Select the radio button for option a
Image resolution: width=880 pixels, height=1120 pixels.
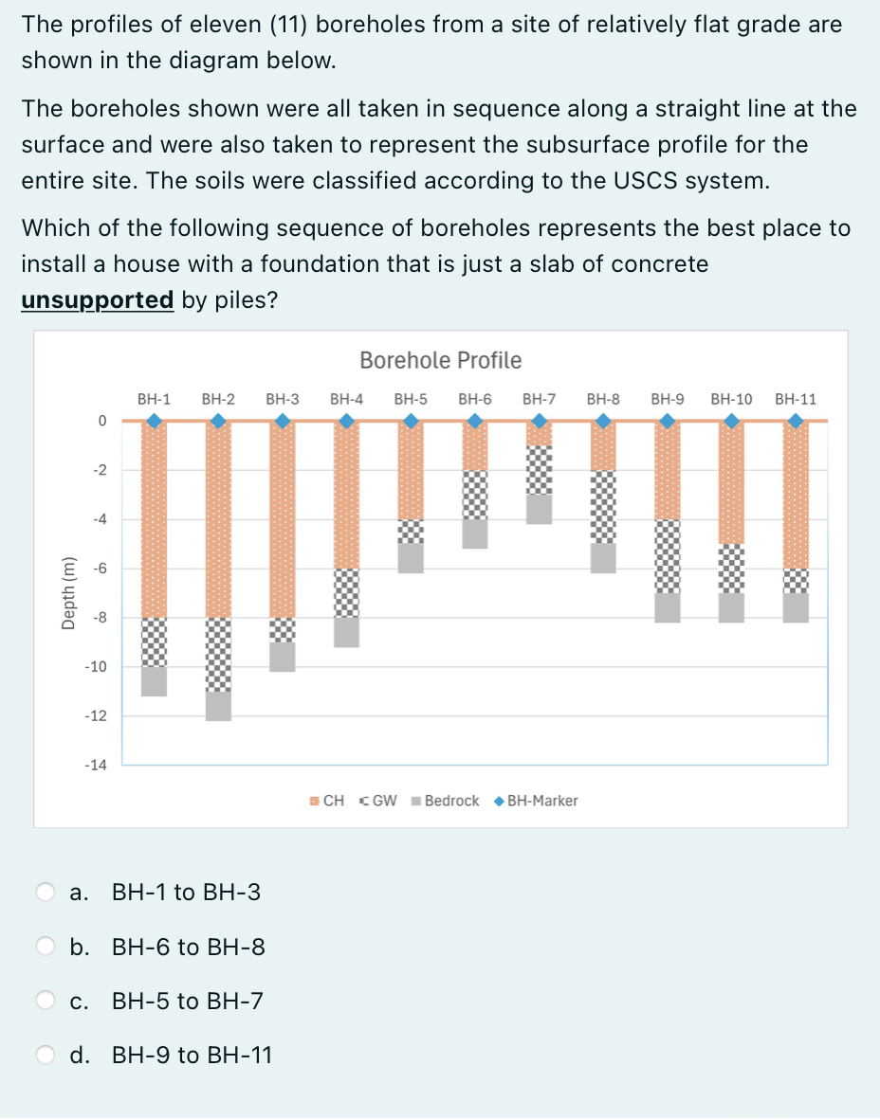[x=46, y=892]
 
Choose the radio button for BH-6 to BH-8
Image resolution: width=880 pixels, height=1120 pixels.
[x=46, y=947]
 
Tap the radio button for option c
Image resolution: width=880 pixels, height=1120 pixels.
[x=46, y=1001]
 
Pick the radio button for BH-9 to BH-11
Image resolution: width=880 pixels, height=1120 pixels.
[x=46, y=1055]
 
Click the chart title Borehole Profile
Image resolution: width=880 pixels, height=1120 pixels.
[x=440, y=360]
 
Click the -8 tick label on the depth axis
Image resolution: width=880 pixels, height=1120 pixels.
[x=99, y=618]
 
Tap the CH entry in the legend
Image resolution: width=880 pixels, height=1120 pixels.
[x=327, y=801]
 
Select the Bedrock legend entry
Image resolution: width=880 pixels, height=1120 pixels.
[x=446, y=801]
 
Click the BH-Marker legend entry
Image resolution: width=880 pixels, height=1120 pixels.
[x=537, y=801]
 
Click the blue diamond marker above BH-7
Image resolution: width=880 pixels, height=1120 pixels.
[x=540, y=421]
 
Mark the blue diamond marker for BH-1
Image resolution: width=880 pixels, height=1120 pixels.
[x=154, y=421]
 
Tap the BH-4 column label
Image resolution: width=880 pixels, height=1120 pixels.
[x=347, y=399]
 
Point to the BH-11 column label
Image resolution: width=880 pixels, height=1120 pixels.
[x=795, y=399]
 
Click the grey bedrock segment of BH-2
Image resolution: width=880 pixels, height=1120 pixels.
[x=218, y=706]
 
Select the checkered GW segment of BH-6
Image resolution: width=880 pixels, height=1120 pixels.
[x=475, y=495]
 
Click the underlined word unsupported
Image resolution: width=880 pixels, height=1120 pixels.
[x=97, y=300]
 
